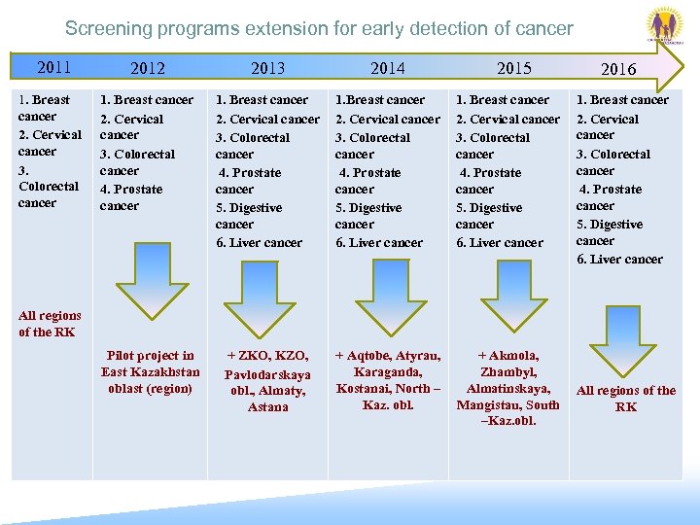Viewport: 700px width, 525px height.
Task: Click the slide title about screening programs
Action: click(x=319, y=29)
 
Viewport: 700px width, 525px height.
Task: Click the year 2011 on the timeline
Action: click(x=53, y=67)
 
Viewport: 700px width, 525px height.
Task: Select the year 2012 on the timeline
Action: click(x=148, y=68)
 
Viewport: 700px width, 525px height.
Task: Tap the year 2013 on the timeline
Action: click(x=267, y=68)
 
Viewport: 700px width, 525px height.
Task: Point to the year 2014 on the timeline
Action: click(x=387, y=68)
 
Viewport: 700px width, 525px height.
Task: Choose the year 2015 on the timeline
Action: click(x=514, y=68)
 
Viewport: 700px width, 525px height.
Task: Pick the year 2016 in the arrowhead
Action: click(x=618, y=69)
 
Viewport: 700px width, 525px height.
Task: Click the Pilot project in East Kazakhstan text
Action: click(x=150, y=372)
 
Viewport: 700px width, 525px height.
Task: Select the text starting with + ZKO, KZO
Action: click(x=267, y=381)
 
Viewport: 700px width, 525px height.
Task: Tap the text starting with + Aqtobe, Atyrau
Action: click(x=388, y=380)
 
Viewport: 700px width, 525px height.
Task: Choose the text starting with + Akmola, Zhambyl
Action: click(x=508, y=388)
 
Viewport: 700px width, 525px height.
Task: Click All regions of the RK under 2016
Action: click(x=626, y=399)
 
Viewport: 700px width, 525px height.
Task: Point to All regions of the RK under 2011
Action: click(x=50, y=324)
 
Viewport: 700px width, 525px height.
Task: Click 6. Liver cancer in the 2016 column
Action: click(x=619, y=260)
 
